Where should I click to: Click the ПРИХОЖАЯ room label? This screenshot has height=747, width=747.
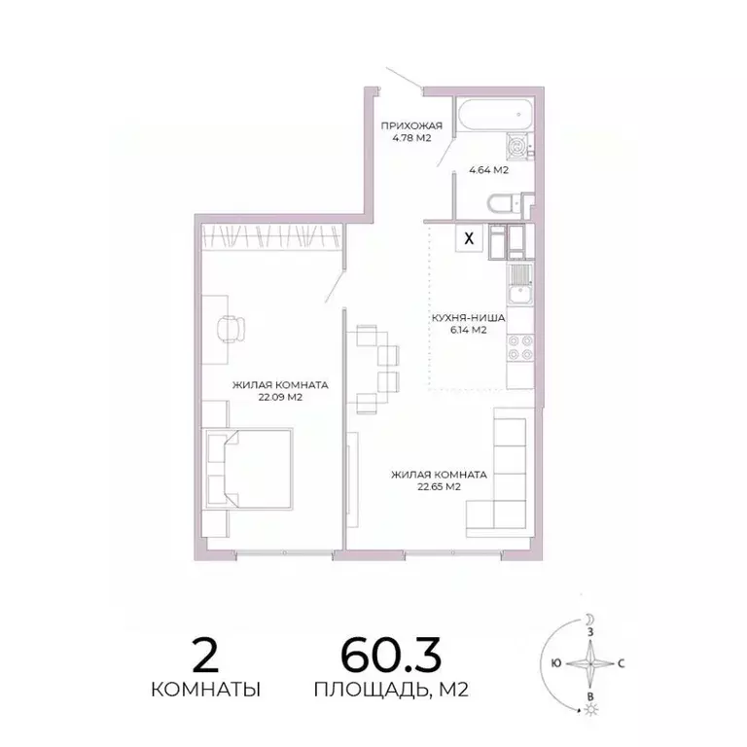pyautogui.click(x=411, y=124)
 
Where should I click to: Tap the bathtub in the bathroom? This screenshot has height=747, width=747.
pyautogui.click(x=494, y=117)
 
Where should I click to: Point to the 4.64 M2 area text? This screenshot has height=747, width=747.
pyautogui.click(x=488, y=170)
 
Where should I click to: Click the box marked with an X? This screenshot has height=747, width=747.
pyautogui.click(x=470, y=236)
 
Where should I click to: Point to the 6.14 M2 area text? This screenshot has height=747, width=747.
pyautogui.click(x=467, y=331)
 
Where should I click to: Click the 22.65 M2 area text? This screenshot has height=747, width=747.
pyautogui.click(x=439, y=487)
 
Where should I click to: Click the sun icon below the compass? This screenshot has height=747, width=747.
pyautogui.click(x=589, y=711)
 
